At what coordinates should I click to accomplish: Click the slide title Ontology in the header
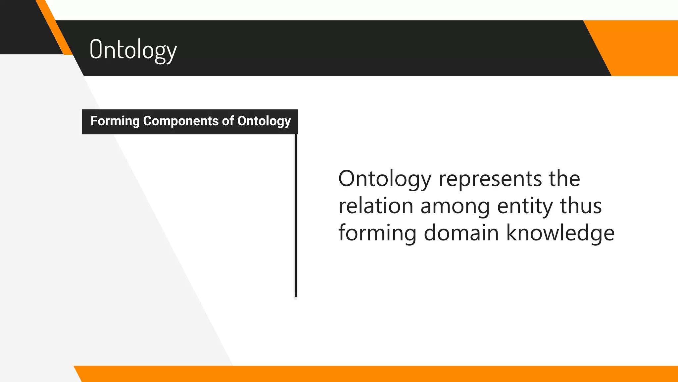(133, 50)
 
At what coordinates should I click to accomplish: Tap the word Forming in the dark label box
(115, 121)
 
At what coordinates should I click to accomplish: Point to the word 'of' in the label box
(228, 121)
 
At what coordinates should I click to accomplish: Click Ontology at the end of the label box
(264, 121)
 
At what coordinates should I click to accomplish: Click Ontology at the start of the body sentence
(385, 179)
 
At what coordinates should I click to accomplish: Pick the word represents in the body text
(490, 179)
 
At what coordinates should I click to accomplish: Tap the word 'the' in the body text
(564, 179)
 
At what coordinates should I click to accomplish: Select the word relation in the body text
(376, 206)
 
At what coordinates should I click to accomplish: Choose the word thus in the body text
(581, 206)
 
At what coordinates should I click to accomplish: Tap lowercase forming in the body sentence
(377, 233)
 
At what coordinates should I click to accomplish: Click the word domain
(461, 233)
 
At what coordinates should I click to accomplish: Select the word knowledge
(560, 233)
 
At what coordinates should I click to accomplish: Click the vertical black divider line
(296, 216)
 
